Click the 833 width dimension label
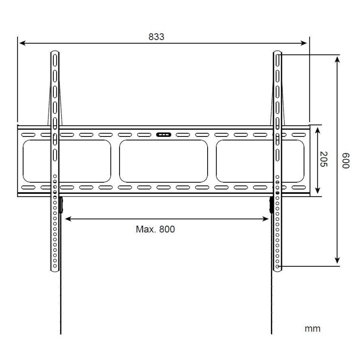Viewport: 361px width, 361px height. tap(156, 36)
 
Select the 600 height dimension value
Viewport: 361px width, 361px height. tap(345, 160)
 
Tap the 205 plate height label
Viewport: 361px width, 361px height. tap(323, 159)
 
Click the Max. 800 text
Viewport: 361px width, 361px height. tap(155, 229)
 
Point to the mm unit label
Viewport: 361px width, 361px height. tap(312, 329)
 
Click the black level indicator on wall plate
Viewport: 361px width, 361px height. tap(164, 135)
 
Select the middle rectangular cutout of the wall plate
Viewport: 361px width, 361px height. tap(164, 161)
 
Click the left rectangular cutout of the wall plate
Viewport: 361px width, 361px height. tap(67, 161)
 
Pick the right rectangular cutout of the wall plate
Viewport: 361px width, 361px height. tap(260, 161)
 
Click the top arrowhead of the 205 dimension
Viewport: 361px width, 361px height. tap(317, 129)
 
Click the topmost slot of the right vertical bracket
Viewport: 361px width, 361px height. tap(277, 58)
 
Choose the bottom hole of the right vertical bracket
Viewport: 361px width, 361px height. tap(277, 266)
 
